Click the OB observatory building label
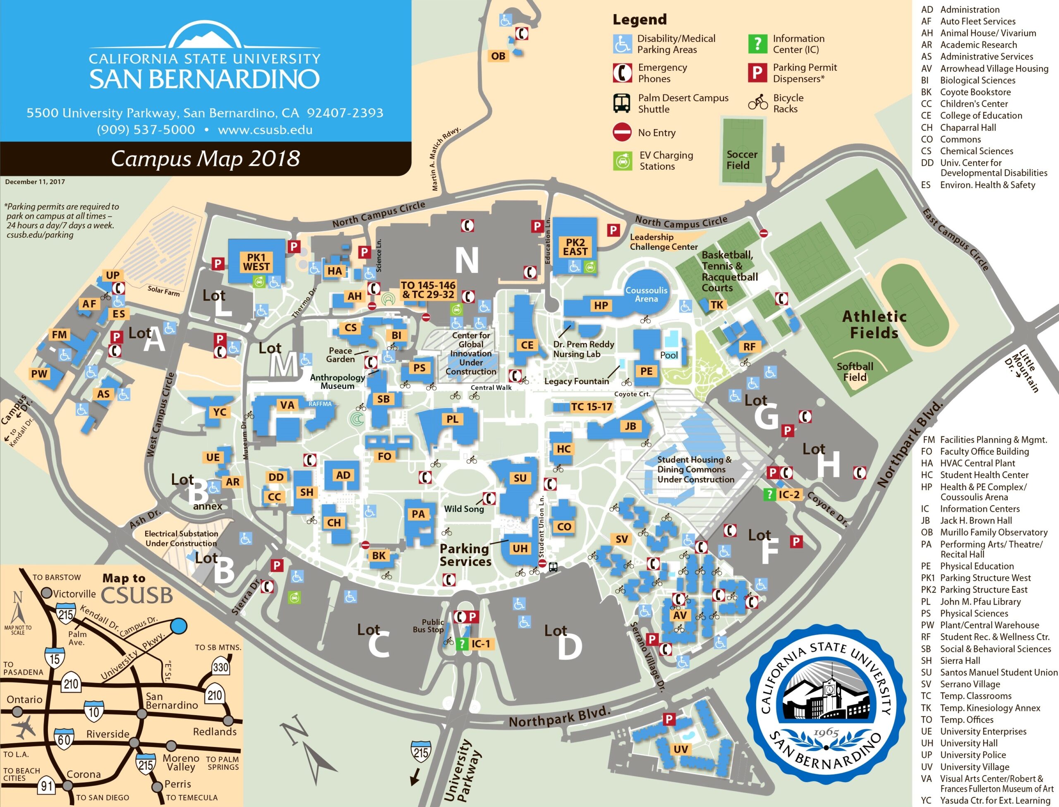tap(498, 56)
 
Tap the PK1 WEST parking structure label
tap(256, 262)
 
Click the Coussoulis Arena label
tap(646, 295)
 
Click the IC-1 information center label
tap(480, 644)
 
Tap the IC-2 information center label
tap(788, 495)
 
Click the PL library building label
tap(452, 419)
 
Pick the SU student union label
tap(520, 478)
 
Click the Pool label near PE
tap(668, 355)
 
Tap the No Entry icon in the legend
tap(622, 132)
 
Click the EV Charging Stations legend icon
tap(623, 161)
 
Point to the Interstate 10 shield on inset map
tap(93, 711)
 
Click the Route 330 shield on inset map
tap(220, 667)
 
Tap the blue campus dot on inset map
tap(179, 626)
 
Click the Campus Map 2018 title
tap(205, 158)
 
